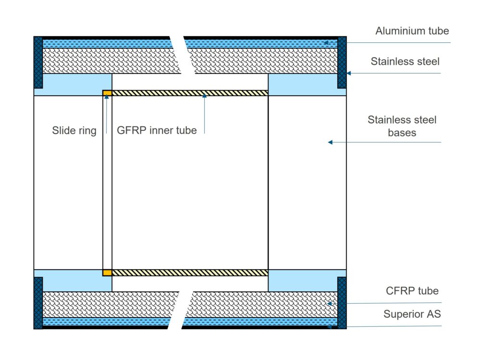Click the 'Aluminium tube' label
[x=412, y=31]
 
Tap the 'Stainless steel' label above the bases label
[x=405, y=62]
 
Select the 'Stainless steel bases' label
[x=402, y=126]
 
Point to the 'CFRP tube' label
[x=412, y=291]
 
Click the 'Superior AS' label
[x=412, y=315]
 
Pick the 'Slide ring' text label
[x=74, y=130]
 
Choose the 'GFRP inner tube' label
[x=157, y=130]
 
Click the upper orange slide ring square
[x=107, y=93]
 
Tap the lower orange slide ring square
[x=107, y=273]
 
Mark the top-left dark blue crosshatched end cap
[x=38, y=62]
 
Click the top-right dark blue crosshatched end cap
[x=342, y=62]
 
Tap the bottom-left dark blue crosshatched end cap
[x=38, y=303]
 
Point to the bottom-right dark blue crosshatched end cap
[x=342, y=303]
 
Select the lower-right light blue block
[x=303, y=280]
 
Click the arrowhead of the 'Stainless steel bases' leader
[x=330, y=142]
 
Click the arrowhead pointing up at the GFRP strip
[x=204, y=97]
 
